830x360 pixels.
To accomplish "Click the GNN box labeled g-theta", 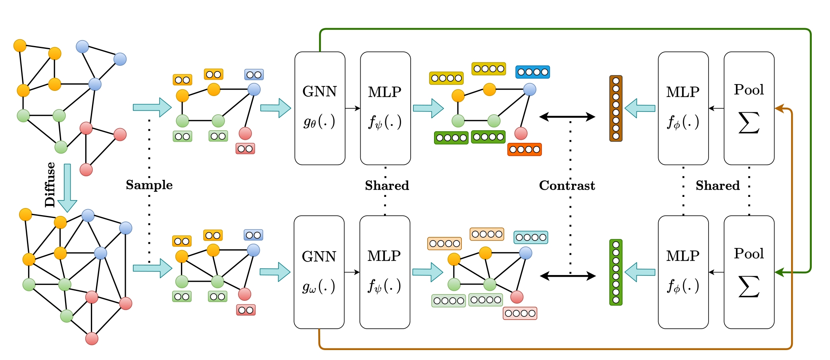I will point(320,108).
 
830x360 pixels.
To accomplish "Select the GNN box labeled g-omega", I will point(319,272).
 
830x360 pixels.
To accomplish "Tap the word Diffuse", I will point(50,185).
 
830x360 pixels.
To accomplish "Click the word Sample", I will point(149,185).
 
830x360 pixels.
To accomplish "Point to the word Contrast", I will point(567,185).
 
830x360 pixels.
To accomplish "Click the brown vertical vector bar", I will point(616,108).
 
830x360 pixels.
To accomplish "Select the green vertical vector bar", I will point(616,272).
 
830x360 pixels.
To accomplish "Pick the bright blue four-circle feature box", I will point(532,72).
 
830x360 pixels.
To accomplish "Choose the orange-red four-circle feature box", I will point(524,149).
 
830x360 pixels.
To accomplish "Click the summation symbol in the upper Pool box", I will point(749,123).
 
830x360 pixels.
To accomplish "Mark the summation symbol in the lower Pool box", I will point(749,287).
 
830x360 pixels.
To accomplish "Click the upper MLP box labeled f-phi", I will point(683,108).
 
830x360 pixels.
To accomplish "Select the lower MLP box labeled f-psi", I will point(385,272).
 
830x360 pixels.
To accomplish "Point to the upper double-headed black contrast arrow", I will point(567,117).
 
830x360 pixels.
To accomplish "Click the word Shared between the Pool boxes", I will point(718,185).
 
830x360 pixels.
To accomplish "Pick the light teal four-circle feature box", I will point(531,237).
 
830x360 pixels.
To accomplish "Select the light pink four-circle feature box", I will point(520,313).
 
